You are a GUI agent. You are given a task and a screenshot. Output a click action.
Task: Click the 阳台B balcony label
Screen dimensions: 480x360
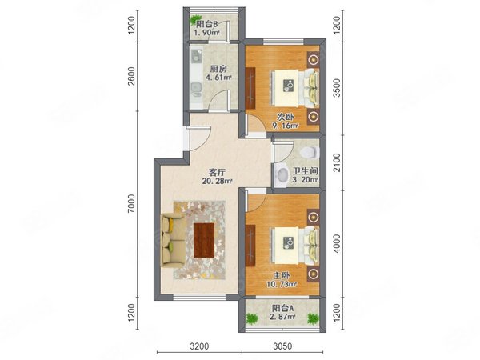(207, 24)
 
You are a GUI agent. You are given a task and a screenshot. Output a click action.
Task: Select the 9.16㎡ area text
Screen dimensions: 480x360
(286, 126)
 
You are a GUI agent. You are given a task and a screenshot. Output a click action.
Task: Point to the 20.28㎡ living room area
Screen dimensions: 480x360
(217, 182)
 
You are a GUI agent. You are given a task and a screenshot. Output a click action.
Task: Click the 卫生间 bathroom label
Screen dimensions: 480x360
(306, 171)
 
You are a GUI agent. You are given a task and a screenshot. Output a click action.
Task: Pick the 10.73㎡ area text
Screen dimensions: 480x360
(282, 284)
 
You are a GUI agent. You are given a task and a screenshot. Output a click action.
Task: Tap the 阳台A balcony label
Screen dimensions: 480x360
(283, 308)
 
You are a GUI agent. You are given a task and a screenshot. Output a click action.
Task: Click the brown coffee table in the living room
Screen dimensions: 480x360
(204, 240)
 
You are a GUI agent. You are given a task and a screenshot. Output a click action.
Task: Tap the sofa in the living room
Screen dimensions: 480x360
(173, 240)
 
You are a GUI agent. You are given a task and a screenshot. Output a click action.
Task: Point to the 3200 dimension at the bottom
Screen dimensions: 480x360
(199, 346)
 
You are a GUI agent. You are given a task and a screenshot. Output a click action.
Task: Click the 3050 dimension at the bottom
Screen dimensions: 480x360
(282, 346)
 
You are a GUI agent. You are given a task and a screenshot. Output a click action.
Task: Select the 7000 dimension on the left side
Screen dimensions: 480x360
(131, 203)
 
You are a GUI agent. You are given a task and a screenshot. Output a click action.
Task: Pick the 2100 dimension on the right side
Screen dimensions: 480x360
(337, 162)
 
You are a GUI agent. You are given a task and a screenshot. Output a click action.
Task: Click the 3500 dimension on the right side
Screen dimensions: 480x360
(337, 88)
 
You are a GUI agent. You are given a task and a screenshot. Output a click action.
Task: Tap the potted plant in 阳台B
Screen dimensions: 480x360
(194, 19)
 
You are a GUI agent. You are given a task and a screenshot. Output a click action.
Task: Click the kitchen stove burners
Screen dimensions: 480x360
(196, 56)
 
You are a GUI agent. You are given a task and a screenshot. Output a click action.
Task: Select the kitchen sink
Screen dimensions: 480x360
(196, 88)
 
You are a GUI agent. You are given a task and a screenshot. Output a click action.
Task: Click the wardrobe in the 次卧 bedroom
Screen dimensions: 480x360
(250, 88)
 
